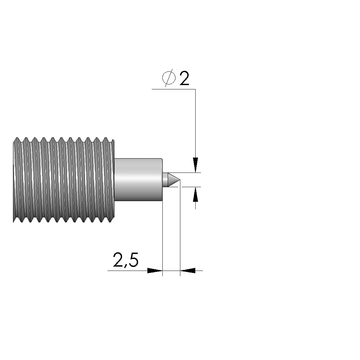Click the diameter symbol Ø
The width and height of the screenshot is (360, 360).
tap(169, 78)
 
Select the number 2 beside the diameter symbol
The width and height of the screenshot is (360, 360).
tap(184, 78)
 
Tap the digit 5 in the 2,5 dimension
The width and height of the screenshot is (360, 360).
tap(133, 260)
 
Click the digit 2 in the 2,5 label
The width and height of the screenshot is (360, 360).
tap(118, 260)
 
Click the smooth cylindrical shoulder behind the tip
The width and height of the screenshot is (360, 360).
tap(138, 180)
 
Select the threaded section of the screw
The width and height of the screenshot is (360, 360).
tap(64, 180)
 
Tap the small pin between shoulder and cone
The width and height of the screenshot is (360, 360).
tap(165, 180)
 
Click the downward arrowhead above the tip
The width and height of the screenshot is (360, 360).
tap(196, 165)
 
